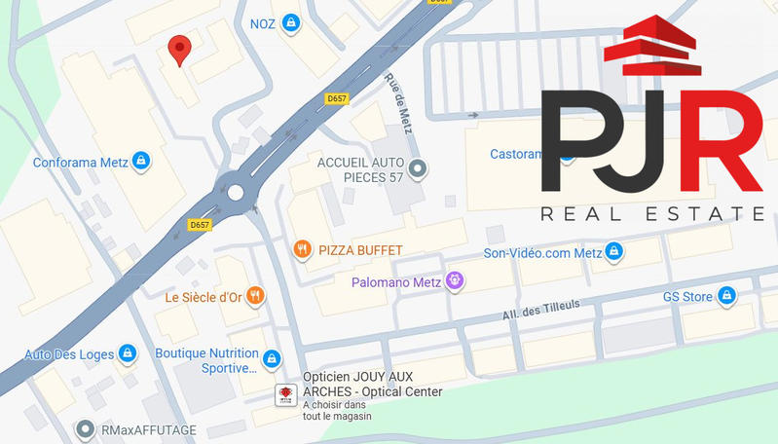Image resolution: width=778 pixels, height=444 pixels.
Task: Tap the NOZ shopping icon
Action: [x=290, y=23]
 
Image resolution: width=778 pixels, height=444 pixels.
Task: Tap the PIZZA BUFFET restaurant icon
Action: [x=303, y=250]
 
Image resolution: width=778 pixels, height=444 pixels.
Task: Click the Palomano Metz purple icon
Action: [x=455, y=282]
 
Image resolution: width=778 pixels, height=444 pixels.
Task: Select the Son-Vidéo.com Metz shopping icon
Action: [x=613, y=253]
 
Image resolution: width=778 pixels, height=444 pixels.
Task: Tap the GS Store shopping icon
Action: [x=726, y=296]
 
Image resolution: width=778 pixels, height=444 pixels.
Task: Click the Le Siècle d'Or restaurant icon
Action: [x=254, y=296]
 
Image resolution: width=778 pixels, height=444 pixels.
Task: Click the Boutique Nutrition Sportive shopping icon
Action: [x=272, y=359]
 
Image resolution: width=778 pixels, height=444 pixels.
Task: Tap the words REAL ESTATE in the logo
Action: [x=651, y=213]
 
